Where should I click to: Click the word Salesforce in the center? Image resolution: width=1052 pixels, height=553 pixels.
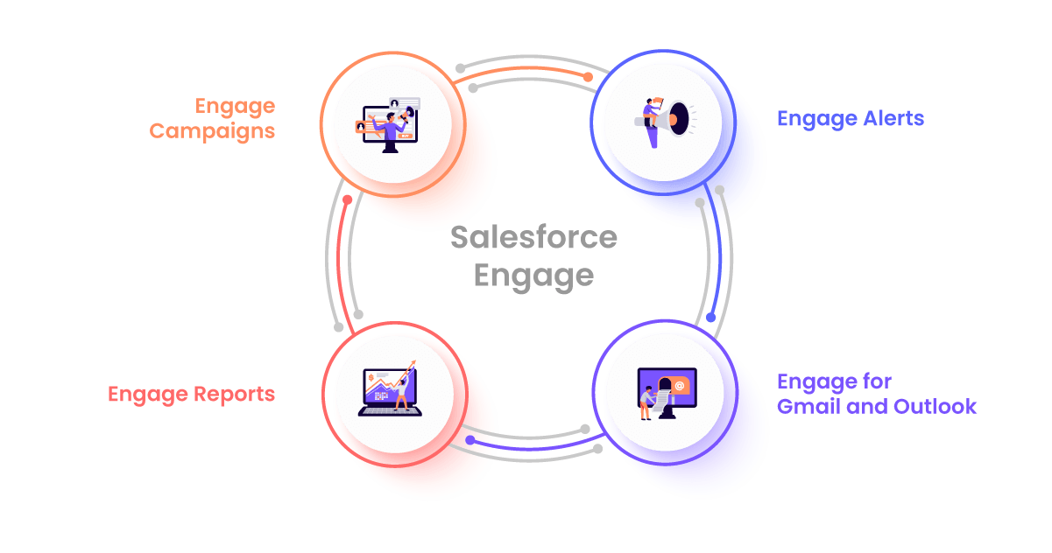(533, 237)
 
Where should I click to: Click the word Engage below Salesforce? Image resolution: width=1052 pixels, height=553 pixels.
(533, 276)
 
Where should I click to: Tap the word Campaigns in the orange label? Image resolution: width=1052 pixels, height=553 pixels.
(212, 131)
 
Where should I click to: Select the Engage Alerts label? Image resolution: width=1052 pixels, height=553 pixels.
(850, 118)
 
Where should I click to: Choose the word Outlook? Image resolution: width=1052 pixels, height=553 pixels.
(934, 407)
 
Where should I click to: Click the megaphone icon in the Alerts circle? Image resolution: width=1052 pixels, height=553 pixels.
(663, 120)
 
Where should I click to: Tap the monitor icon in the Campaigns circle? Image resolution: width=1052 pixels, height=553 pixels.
(389, 127)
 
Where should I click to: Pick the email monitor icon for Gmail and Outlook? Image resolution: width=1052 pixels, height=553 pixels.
(667, 392)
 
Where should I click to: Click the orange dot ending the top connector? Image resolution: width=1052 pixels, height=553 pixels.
(588, 78)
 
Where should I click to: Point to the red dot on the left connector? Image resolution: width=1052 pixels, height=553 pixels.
(348, 199)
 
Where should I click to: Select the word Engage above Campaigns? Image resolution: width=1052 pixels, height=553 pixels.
(235, 107)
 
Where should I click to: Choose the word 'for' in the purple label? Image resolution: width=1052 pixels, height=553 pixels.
(876, 382)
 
